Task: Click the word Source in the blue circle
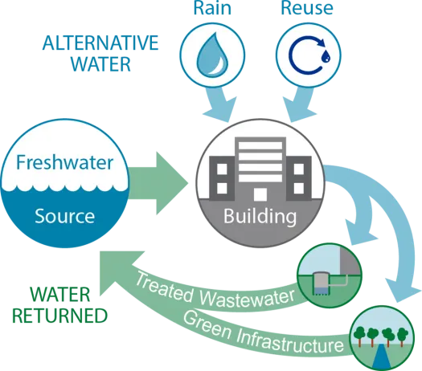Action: tap(64, 215)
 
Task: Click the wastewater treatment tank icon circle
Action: tap(328, 271)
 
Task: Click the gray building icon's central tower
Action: tap(258, 169)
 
